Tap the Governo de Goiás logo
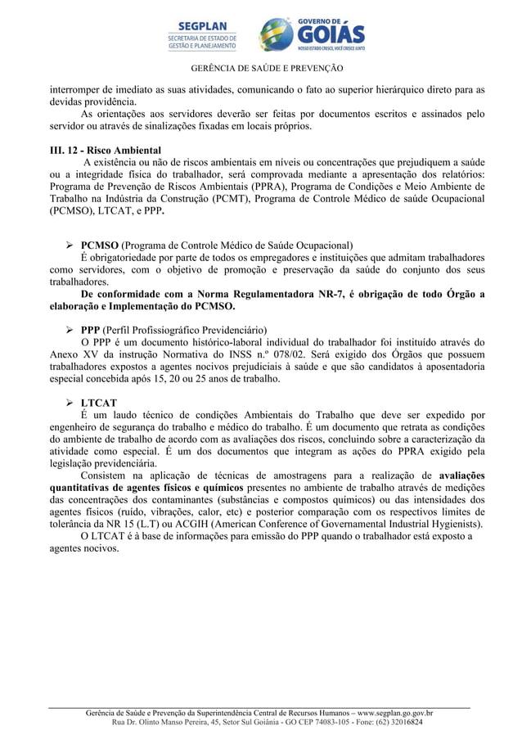312,34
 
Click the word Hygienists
452,525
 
